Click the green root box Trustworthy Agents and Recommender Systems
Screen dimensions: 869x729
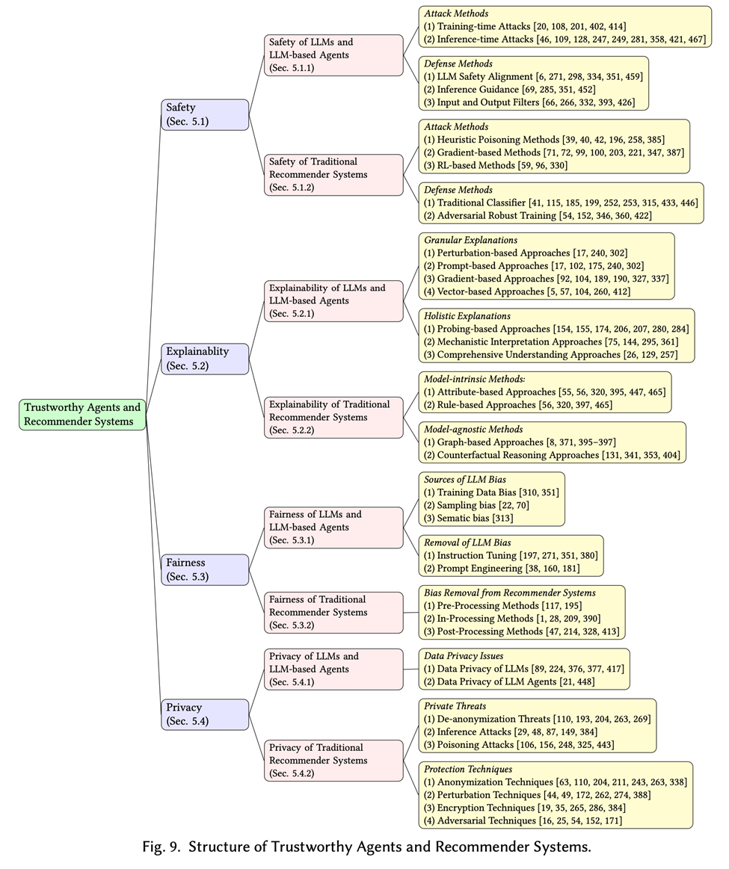[82, 415]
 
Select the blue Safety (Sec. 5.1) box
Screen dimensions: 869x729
[205, 114]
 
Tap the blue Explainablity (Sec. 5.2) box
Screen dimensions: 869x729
[205, 359]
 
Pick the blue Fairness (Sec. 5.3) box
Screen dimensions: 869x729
[205, 569]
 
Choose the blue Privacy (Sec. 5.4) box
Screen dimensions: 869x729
[205, 714]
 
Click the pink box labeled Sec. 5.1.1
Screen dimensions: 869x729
[333, 55]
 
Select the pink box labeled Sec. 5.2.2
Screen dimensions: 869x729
[333, 418]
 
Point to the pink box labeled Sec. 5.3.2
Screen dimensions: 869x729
[333, 612]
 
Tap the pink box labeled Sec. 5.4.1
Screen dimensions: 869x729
[333, 669]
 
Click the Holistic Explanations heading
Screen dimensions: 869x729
[467, 316]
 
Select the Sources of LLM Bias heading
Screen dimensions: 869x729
[466, 480]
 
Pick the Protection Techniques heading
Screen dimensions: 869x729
[468, 770]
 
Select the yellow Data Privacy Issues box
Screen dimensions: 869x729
[523, 669]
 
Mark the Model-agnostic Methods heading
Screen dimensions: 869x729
[473, 430]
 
